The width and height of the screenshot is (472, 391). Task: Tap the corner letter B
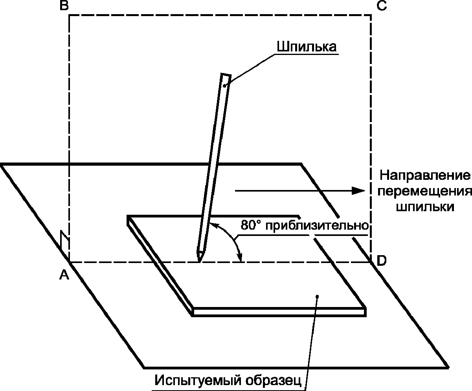point(64,6)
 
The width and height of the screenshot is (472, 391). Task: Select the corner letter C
point(382,6)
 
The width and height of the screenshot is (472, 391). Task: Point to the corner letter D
point(382,260)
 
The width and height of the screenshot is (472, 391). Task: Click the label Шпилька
point(307,47)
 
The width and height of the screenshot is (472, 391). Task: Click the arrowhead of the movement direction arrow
point(358,191)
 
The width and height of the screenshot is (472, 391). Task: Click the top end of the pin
point(225,75)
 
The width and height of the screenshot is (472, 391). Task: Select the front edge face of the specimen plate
point(279,312)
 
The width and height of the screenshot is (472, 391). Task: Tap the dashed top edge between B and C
point(220,15)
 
